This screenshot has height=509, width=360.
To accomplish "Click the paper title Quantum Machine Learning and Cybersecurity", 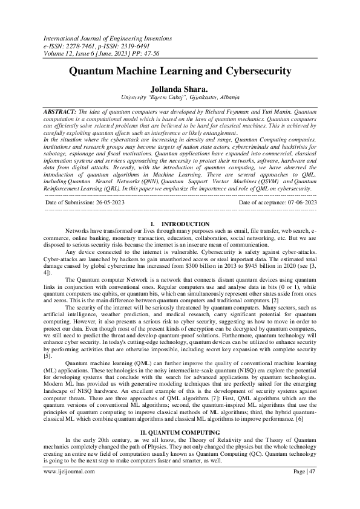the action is (x=180, y=71).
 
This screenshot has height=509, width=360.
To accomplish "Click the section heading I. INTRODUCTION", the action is (x=180, y=207).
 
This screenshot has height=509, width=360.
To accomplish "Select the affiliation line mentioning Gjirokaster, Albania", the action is (x=180, y=97).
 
